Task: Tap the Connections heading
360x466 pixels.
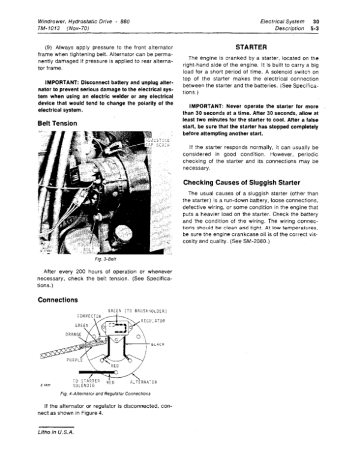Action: (58, 299)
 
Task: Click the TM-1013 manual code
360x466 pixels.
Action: (51, 28)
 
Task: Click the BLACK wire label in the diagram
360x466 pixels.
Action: (158, 344)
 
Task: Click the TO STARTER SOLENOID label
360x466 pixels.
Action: (83, 383)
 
